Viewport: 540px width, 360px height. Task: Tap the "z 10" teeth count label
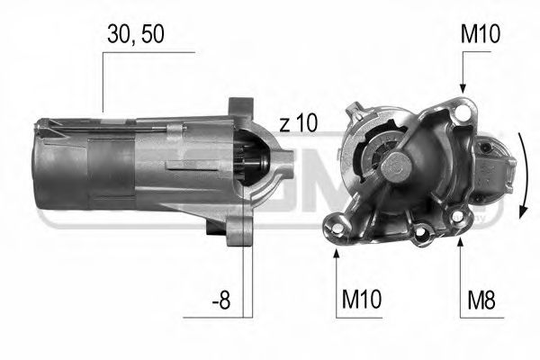point(298,124)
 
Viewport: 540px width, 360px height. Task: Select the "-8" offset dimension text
point(220,301)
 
